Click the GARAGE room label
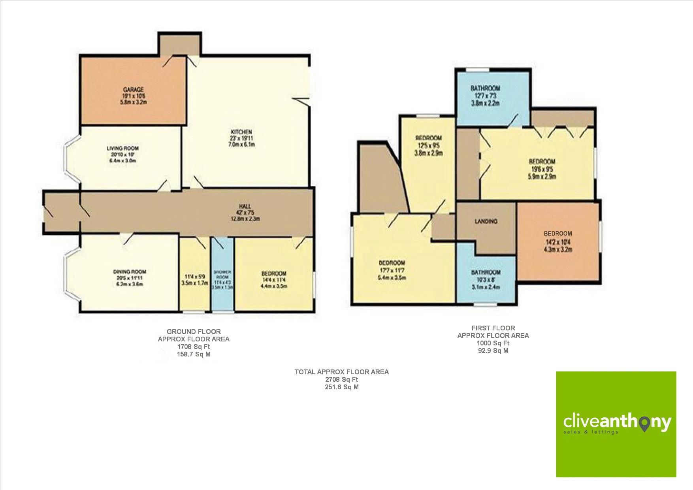pos(133,90)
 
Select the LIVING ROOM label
pos(122,149)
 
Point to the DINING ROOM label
pos(130,272)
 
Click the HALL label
pos(245,206)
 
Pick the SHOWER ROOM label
pos(223,272)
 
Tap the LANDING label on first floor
pos(486,221)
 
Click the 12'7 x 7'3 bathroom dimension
pos(485,96)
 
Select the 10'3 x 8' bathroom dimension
pos(486,280)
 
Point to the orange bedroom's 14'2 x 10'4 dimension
pos(557,242)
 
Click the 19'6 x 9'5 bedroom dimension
pos(542,170)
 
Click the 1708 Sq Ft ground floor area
pos(194,347)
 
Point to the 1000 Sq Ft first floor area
pos(493,343)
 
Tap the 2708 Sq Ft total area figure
pos(341,379)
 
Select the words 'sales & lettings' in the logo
pos(591,432)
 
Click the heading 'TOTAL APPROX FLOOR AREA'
pos(341,372)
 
